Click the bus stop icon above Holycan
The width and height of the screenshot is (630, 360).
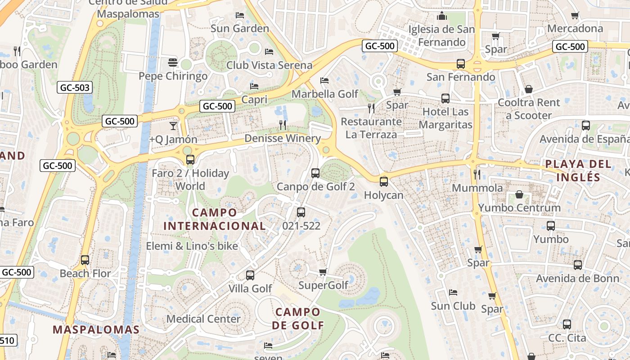click(x=383, y=182)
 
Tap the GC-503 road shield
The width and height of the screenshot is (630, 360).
click(x=75, y=88)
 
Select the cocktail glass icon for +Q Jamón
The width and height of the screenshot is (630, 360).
click(x=173, y=126)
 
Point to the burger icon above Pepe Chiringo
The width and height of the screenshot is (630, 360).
click(x=173, y=62)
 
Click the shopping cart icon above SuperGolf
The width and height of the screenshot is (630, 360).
click(x=323, y=271)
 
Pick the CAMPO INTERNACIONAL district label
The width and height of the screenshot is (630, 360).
click(x=214, y=219)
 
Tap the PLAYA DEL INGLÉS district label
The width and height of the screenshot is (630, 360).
click(x=578, y=171)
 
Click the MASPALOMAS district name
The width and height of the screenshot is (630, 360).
click(x=96, y=329)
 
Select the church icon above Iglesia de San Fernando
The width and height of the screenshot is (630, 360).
click(x=442, y=16)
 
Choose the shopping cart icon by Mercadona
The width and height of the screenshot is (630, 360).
click(x=575, y=15)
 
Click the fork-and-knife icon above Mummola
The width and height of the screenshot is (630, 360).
click(x=477, y=174)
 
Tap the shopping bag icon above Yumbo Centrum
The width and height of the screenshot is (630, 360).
click(x=519, y=194)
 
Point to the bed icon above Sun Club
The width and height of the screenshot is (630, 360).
click(x=453, y=292)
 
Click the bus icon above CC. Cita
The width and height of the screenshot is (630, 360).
click(x=567, y=324)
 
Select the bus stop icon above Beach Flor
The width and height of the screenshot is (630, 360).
click(x=85, y=260)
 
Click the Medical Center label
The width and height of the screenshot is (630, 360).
click(x=203, y=319)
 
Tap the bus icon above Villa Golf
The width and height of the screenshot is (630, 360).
click(x=250, y=275)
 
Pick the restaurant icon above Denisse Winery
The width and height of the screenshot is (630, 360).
click(x=283, y=125)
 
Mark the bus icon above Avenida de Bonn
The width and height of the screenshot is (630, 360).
click(x=578, y=265)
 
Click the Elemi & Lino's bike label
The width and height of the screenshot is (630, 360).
click(x=192, y=246)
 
